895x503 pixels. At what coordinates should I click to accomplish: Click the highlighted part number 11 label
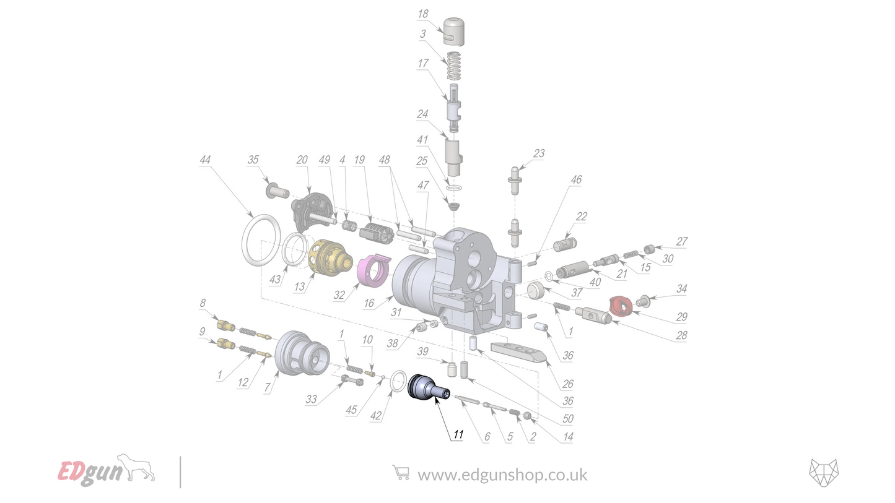pos(458,435)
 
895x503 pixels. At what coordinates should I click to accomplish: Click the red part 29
pos(621,304)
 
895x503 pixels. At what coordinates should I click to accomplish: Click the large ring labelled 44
pos(258,239)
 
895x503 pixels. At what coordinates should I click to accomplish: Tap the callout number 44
pos(205,160)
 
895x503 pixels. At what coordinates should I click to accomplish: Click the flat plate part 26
pos(518,351)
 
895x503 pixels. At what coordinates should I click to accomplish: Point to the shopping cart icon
pos(401,473)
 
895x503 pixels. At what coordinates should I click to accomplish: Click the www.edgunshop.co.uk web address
pos(502,475)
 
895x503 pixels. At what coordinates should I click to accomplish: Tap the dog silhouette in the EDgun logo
pos(139,467)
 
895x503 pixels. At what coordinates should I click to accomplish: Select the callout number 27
pos(681,242)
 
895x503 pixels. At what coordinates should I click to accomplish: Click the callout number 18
pos(423,14)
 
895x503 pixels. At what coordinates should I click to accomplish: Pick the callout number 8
pos(202,303)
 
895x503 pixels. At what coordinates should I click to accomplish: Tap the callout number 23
pos(539,153)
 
